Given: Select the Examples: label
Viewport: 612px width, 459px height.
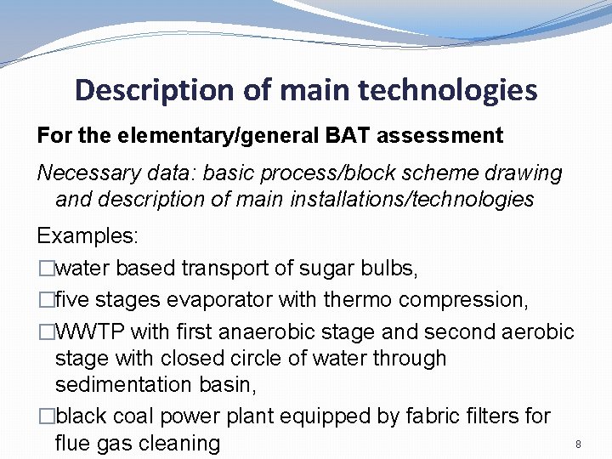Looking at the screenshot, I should click(x=88, y=235).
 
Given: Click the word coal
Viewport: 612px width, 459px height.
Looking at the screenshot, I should click(x=136, y=416).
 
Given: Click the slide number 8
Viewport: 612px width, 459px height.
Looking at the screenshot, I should click(x=578, y=445).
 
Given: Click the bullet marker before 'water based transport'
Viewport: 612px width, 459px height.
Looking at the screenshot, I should click(x=45, y=270).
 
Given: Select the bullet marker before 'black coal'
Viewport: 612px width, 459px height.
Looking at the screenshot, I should click(x=45, y=416).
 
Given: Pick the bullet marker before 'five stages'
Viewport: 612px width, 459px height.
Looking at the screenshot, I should click(x=45, y=300).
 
